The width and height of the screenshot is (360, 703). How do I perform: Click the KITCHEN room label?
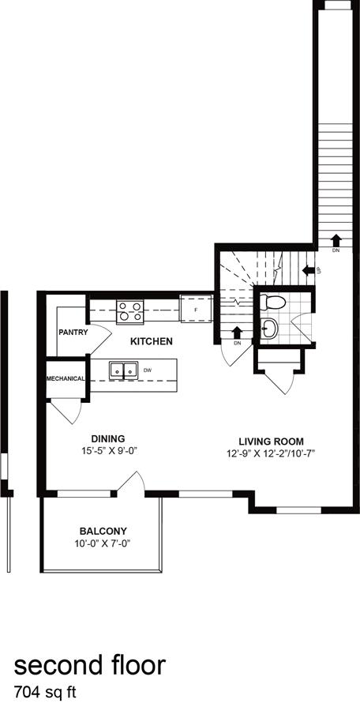click(152, 341)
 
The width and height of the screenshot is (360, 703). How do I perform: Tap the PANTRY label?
click(73, 333)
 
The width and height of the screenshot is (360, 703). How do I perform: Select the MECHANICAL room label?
click(66, 378)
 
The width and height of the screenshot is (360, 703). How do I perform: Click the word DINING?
click(108, 440)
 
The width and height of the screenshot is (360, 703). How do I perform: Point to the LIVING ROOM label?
click(272, 442)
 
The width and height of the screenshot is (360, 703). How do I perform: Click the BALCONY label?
click(103, 531)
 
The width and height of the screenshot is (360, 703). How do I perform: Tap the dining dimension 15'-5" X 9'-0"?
click(108, 453)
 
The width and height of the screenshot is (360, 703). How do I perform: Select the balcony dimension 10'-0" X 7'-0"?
click(103, 543)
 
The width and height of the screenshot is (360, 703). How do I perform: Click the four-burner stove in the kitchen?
click(130, 312)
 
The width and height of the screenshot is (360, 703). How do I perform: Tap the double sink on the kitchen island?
click(123, 369)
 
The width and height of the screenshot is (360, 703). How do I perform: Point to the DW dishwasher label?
click(148, 369)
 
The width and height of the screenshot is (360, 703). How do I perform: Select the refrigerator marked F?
click(194, 309)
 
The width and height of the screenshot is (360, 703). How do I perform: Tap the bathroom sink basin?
click(270, 329)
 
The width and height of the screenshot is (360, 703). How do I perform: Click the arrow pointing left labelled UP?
click(309, 270)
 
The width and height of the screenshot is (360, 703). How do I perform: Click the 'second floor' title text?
click(90, 665)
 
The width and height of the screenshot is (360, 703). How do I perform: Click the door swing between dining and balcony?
click(131, 483)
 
